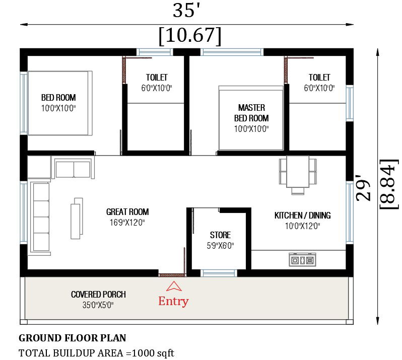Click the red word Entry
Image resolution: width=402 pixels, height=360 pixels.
pyautogui.click(x=173, y=301)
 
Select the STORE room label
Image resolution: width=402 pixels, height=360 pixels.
pyautogui.click(x=220, y=235)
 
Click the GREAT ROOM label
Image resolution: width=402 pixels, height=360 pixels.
pyautogui.click(x=127, y=212)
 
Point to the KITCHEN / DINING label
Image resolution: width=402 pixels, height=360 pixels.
pyautogui.click(x=302, y=215)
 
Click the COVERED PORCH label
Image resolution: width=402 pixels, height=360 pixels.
pyautogui.click(x=98, y=295)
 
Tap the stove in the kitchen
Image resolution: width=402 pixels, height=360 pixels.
pyautogui.click(x=302, y=260)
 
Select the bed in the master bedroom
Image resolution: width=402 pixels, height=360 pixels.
pyautogui.click(x=250, y=118)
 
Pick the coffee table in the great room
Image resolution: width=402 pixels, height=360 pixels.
pyautogui.click(x=77, y=218)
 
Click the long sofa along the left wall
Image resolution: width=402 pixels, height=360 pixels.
pyautogui.click(x=40, y=217)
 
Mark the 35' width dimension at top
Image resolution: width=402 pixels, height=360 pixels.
pyautogui.click(x=187, y=11)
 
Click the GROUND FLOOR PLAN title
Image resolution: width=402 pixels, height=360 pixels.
pyautogui.click(x=73, y=338)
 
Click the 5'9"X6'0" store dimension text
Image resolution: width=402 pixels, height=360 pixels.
pyautogui.click(x=220, y=246)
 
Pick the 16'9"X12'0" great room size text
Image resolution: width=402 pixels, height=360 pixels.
pyautogui.click(x=127, y=223)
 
